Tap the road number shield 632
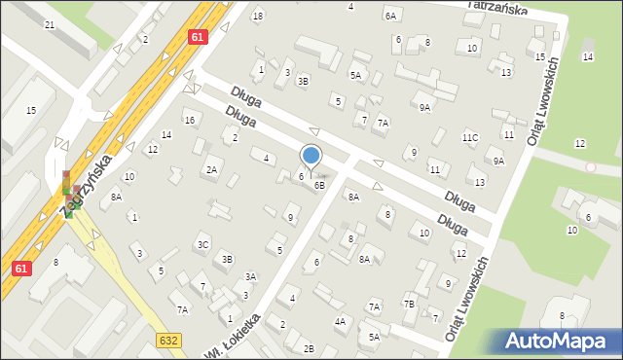click(x=167, y=339)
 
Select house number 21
click(x=49, y=24)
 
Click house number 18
click(x=257, y=16)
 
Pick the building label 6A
click(x=391, y=16)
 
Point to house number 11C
click(x=470, y=138)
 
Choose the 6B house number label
click(x=318, y=185)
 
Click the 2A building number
click(x=211, y=170)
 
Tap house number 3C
click(x=202, y=244)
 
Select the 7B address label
click(x=410, y=305)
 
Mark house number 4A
click(x=340, y=321)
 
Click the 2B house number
click(x=309, y=348)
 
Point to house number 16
click(x=190, y=120)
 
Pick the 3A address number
click(x=250, y=277)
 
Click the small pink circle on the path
click(x=590, y=167)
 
